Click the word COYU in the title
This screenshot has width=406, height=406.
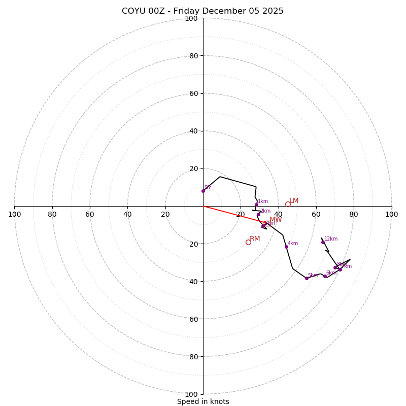coord(133,11)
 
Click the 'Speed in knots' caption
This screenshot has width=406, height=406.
coord(203,401)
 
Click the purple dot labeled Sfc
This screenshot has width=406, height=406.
coord(203,191)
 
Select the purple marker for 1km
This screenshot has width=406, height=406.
coord(256,205)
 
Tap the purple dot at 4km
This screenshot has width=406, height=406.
coord(286,247)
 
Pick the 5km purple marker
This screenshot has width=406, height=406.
coord(307,278)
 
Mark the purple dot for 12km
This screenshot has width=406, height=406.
coord(323,242)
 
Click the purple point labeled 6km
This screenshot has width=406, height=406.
coord(325,276)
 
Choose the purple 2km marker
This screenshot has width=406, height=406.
coord(258,214)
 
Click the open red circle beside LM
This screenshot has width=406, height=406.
coord(288,204)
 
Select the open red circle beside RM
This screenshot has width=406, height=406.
coord(248,242)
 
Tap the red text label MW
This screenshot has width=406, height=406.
coord(276,220)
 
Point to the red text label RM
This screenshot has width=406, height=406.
coord(255,239)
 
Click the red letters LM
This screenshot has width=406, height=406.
coord(294,201)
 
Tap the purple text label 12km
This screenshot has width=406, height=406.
coord(331,239)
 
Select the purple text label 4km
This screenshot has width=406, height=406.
coord(293,244)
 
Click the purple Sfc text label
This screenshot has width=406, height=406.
coord(208,188)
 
